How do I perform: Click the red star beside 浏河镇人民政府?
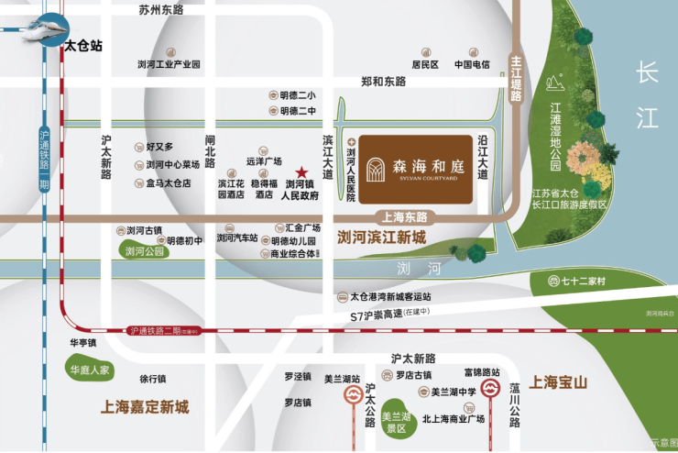tap(301, 171)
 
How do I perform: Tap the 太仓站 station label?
tap(82, 43)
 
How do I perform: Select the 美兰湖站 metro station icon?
tap(353, 395)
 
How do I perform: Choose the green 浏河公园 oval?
tap(145, 250)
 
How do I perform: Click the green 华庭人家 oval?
tap(90, 370)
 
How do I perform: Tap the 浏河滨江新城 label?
tap(382, 238)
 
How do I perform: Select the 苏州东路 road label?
tap(160, 9)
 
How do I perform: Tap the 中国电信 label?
tap(473, 64)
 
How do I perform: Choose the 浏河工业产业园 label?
tap(168, 64)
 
